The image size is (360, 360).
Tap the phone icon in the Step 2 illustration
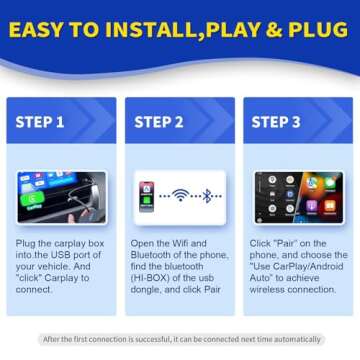point(146,195)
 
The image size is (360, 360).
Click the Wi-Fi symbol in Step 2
point(180,195)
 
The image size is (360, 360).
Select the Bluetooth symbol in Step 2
point(208,195)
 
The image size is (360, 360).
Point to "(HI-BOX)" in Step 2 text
point(149,271)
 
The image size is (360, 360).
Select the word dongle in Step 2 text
point(148,280)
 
